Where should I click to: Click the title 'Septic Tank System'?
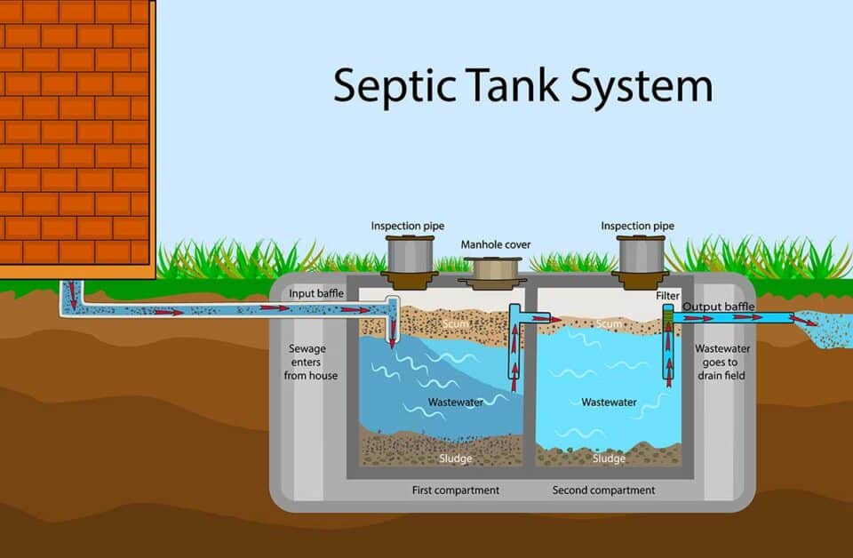click(522, 86)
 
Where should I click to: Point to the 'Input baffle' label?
click(315, 294)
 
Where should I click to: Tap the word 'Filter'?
click(668, 295)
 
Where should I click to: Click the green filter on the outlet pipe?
click(669, 313)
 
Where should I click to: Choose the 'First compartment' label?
click(455, 490)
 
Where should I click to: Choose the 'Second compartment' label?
click(603, 490)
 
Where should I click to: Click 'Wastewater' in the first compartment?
click(455, 403)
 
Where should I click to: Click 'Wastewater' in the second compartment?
click(609, 403)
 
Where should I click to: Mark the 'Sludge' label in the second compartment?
click(609, 458)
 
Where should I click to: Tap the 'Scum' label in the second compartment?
click(609, 325)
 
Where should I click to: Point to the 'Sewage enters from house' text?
click(313, 362)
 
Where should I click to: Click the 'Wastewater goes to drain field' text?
click(721, 362)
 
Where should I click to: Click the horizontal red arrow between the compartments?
click(542, 318)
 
